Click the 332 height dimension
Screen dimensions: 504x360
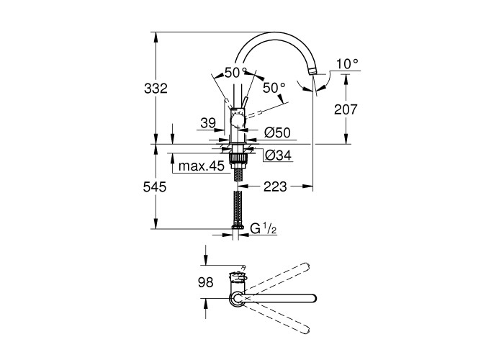click(x=156, y=89)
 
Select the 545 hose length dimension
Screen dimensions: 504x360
click(x=155, y=186)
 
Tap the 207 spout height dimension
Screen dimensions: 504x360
click(x=346, y=109)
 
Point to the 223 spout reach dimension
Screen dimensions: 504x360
click(x=275, y=186)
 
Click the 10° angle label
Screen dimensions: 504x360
click(x=347, y=64)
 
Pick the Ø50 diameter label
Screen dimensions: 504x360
click(x=277, y=132)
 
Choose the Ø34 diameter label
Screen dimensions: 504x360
click(x=279, y=156)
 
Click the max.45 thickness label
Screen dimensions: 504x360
click(x=201, y=166)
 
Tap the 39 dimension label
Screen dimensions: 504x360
click(x=208, y=123)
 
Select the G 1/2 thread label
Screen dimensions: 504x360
click(x=264, y=229)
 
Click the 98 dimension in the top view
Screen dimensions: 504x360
click(x=206, y=282)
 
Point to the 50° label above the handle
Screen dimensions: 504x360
click(x=236, y=73)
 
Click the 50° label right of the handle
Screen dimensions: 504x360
click(x=274, y=88)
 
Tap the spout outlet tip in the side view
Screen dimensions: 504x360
click(x=312, y=72)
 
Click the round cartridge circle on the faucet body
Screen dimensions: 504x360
click(x=238, y=122)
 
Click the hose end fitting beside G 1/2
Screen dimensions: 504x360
click(x=238, y=227)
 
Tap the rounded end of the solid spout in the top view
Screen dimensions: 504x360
click(x=313, y=298)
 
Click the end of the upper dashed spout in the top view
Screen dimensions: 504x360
click(x=307, y=266)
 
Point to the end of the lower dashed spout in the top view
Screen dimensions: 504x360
click(x=306, y=330)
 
